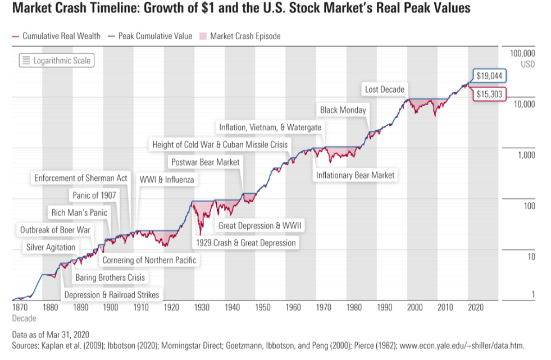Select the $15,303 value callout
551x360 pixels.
pyautogui.click(x=489, y=94)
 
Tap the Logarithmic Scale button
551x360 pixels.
pyautogui.click(x=56, y=61)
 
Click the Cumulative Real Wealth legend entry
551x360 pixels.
pyautogui.click(x=56, y=36)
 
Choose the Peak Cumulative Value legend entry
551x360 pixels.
pyautogui.click(x=151, y=36)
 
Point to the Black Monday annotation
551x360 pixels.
pyautogui.click(x=343, y=110)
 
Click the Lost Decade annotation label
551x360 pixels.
pyautogui.click(x=384, y=89)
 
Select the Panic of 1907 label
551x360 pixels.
pyautogui.click(x=94, y=195)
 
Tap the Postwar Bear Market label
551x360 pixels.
pyautogui.click(x=206, y=162)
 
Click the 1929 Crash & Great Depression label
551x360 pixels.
pyautogui.click(x=245, y=243)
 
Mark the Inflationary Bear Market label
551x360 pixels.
pyautogui.click(x=355, y=175)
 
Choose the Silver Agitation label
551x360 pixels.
pyautogui.click(x=51, y=247)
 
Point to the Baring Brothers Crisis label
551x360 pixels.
pyautogui.click(x=110, y=277)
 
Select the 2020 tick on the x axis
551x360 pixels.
pyautogui.click(x=476, y=307)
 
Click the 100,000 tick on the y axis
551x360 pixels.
pyautogui.click(x=522, y=53)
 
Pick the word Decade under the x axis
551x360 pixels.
pyautogui.click(x=23, y=318)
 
